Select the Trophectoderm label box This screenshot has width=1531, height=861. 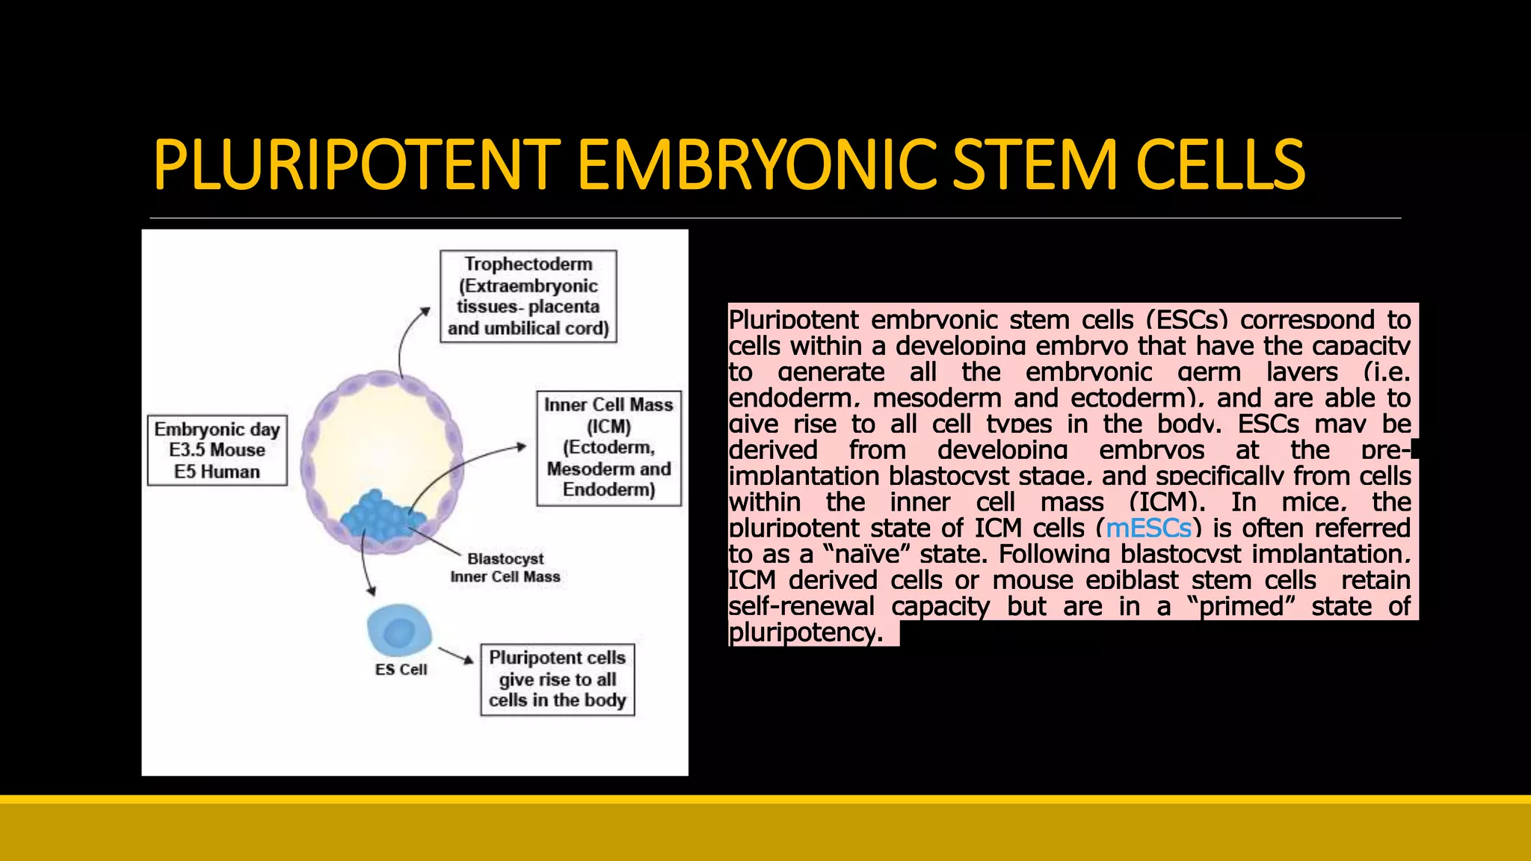pos(528,297)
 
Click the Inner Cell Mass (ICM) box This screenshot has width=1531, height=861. pos(609,448)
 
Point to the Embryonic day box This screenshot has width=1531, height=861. pos(217,450)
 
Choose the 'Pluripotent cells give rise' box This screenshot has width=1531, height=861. pos(557,679)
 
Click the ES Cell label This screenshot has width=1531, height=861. pos(401,670)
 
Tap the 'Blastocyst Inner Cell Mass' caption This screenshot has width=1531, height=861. pos(505,568)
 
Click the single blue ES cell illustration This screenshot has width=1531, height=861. pos(399,631)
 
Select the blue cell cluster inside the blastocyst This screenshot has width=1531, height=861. pos(381,516)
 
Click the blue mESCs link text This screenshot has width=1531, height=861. pos(1148,528)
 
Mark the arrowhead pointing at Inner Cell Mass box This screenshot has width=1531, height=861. pos(521,446)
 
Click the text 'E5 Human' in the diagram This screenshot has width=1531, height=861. pos(217,472)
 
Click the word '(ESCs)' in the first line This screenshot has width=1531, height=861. pos(1186,321)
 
